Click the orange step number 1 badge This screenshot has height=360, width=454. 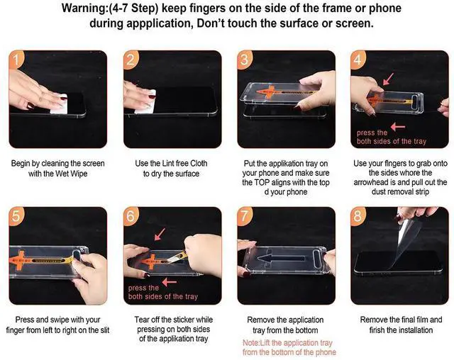pos(15,60)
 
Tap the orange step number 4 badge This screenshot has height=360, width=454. pos(357,60)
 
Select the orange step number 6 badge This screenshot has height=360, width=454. pos(131,215)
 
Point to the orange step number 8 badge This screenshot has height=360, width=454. pos(358,215)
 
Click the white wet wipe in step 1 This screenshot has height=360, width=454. pos(60,103)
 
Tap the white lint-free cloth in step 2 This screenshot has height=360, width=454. pos(147,102)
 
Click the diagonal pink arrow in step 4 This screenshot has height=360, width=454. pos(388,79)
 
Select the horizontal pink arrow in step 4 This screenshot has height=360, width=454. pos(398,127)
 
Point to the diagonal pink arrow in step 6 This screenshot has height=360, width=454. pos(160,234)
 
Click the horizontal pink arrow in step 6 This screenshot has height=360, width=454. pos(170,282)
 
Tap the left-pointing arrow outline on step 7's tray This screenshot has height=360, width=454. pos(280,258)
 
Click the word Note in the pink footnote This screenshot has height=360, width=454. pos(250,343)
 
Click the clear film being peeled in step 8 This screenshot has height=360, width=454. pos(406,237)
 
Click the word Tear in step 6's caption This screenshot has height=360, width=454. pos(141,320)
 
